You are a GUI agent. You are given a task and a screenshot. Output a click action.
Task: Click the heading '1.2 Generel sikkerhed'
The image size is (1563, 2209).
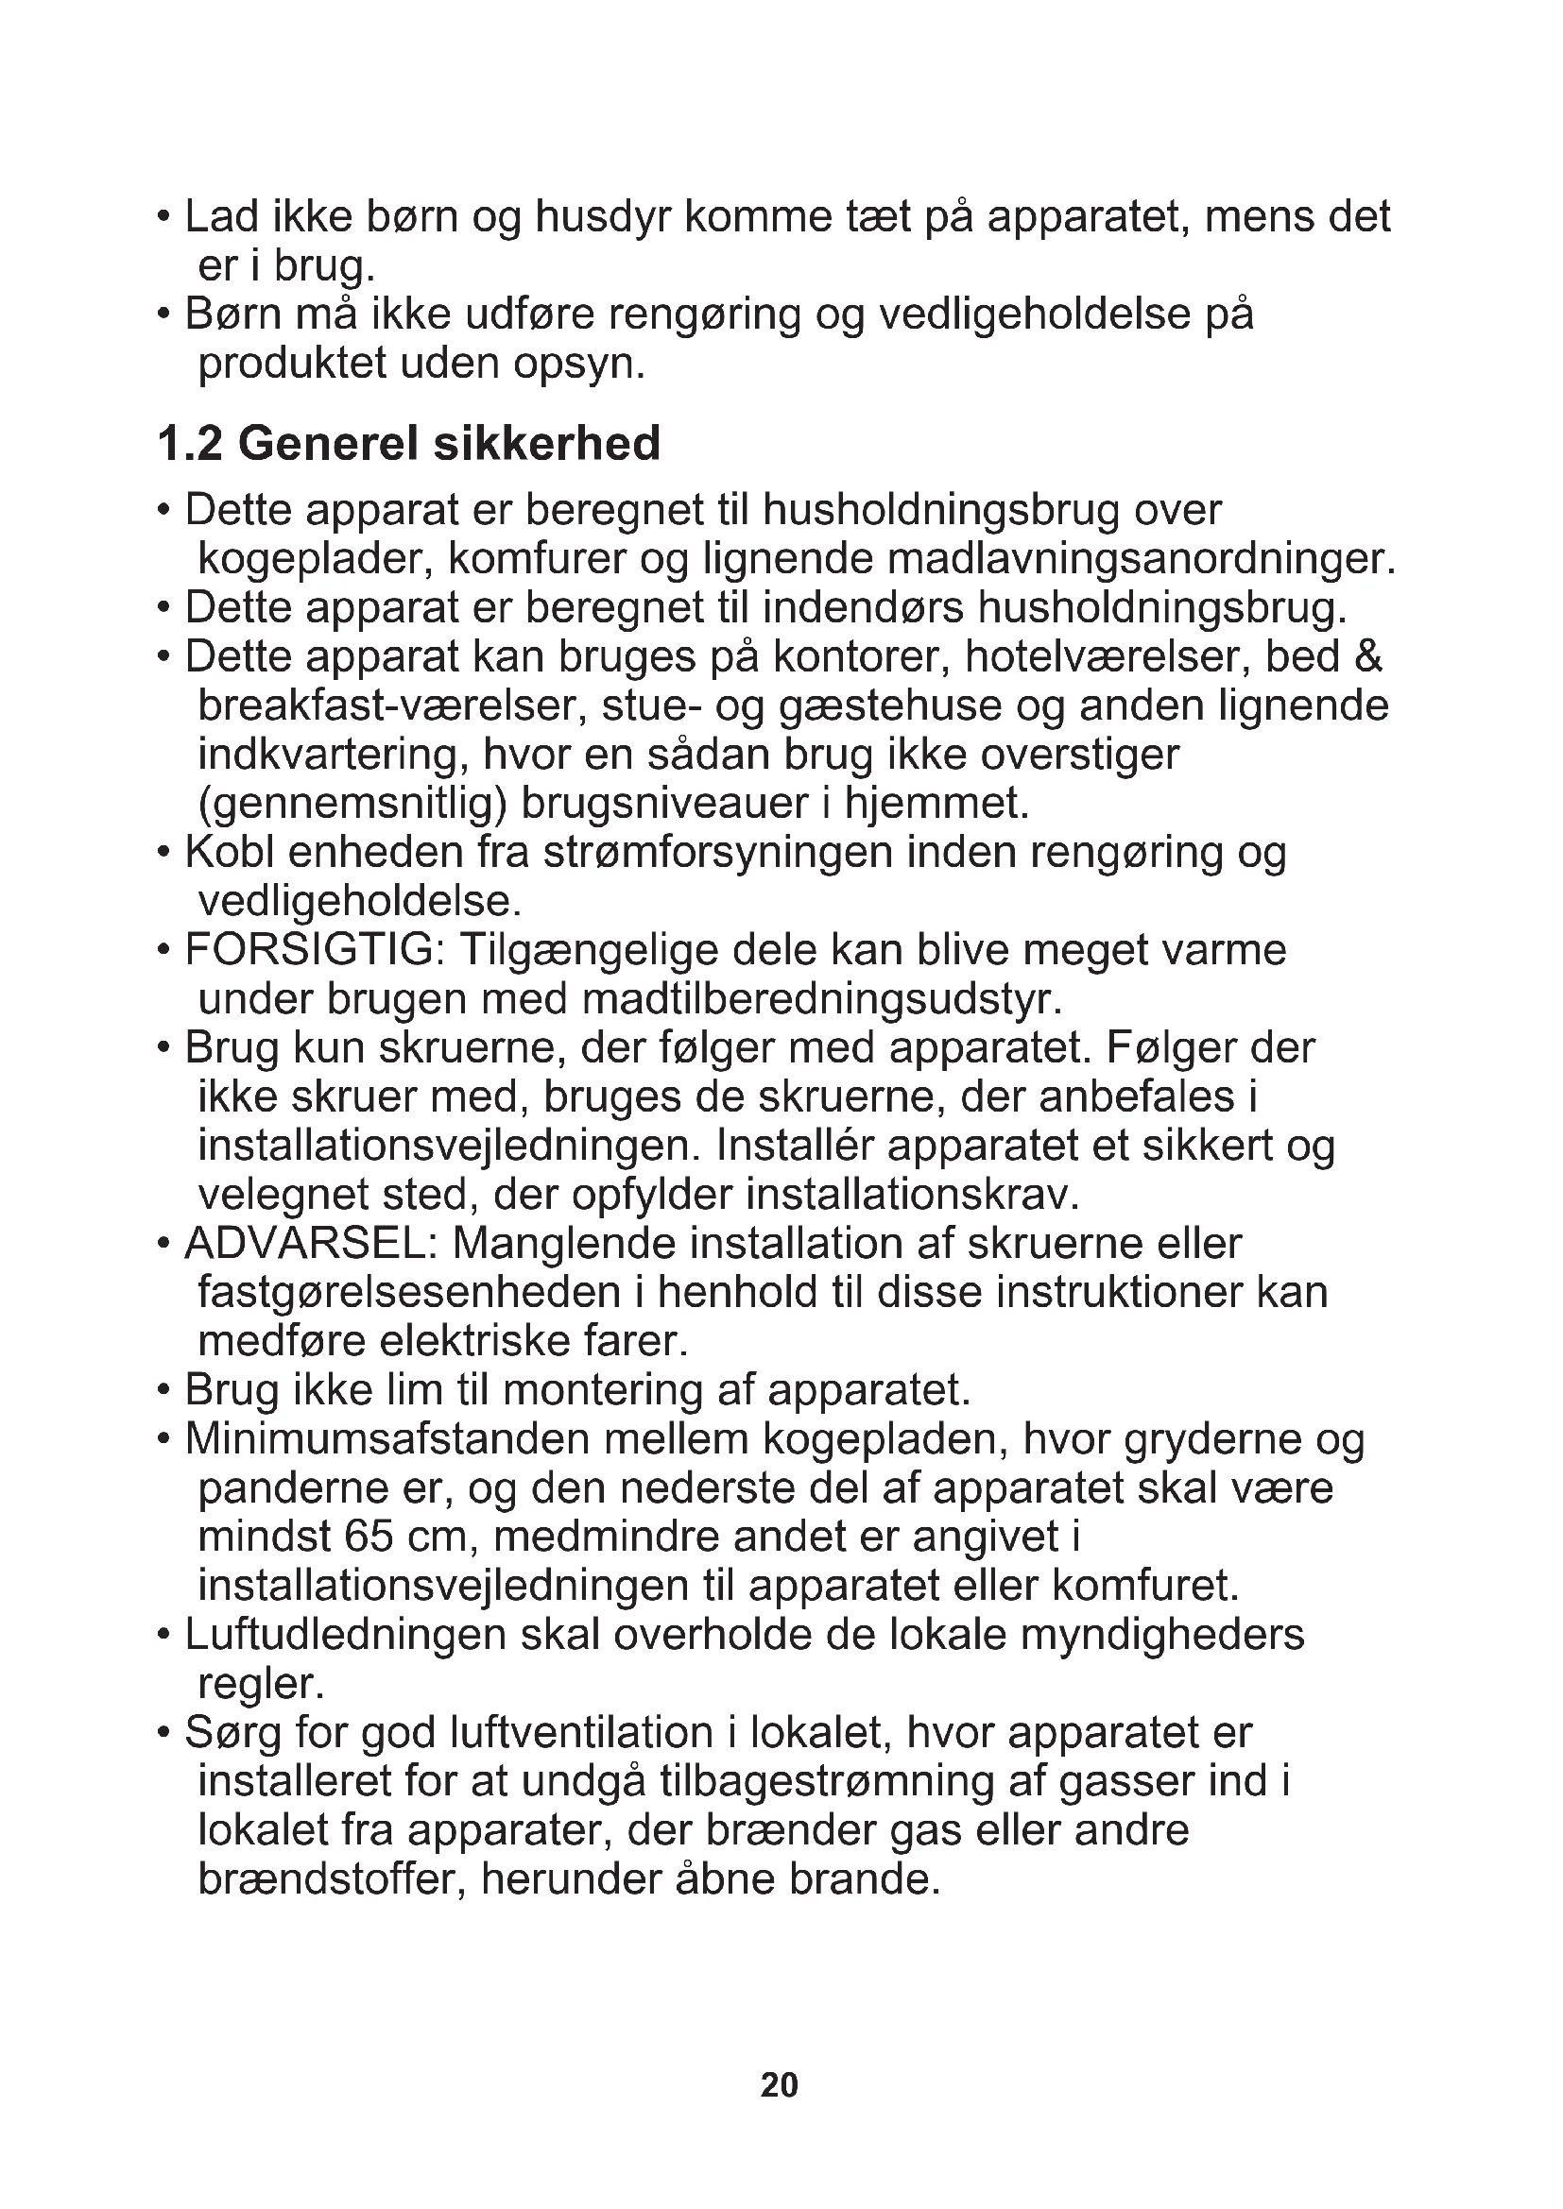tap(409, 444)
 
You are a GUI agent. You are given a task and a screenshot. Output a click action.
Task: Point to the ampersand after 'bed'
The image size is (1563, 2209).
tap(1367, 657)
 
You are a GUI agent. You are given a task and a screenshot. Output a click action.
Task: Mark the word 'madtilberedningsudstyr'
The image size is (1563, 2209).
tap(822, 999)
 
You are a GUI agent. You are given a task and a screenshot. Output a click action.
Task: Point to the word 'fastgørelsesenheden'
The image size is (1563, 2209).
tap(409, 1292)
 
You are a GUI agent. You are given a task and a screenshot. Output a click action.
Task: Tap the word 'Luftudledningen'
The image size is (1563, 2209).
tap(346, 1635)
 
